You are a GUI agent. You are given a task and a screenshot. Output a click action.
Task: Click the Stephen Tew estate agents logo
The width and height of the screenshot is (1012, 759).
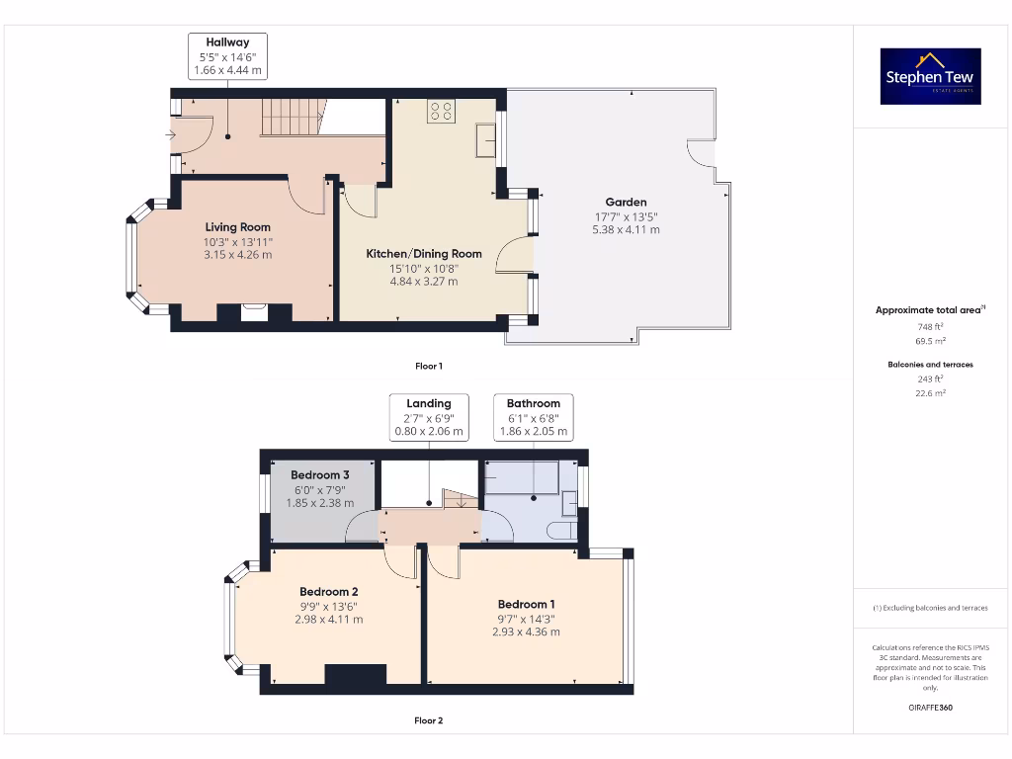(x=931, y=76)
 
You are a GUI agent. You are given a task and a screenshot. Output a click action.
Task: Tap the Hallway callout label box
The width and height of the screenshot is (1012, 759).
(x=227, y=56)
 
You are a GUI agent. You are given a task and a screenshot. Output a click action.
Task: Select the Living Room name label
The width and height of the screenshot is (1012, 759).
(x=237, y=227)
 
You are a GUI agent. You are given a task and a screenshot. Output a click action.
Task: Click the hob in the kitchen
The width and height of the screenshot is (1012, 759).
(x=441, y=112)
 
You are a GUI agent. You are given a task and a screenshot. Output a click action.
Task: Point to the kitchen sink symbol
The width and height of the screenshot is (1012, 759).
(x=486, y=140)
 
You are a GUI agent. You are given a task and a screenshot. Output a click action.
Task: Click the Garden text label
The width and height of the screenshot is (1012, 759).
(x=627, y=203)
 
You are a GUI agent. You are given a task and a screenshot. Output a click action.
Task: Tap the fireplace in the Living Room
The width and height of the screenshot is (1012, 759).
(x=254, y=312)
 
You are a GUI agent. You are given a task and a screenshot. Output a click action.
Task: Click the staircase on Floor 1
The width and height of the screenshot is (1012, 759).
(x=293, y=116)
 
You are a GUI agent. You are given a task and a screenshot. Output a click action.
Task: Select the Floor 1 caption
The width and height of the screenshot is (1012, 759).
(x=428, y=366)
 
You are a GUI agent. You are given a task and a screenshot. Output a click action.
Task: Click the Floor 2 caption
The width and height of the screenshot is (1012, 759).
(x=428, y=720)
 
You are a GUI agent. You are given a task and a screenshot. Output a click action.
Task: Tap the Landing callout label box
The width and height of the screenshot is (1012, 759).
(x=428, y=417)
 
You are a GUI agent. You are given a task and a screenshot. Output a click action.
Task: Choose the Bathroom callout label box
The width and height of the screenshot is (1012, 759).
(x=533, y=417)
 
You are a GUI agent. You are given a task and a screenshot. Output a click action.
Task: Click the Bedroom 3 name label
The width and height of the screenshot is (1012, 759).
(x=319, y=475)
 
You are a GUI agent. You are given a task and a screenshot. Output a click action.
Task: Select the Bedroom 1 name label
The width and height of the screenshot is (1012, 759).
(x=526, y=604)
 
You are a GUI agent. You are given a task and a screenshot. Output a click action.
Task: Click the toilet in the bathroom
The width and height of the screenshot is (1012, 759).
(x=562, y=531)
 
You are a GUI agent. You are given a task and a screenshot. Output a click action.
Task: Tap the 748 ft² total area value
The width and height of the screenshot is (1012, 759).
(x=930, y=326)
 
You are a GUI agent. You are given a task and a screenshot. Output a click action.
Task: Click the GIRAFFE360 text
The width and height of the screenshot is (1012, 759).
(x=930, y=708)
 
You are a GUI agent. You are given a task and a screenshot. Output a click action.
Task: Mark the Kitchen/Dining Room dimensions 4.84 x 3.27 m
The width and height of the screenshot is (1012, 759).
(x=424, y=282)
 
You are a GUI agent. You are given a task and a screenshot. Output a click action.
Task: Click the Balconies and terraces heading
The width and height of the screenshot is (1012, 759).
(x=930, y=365)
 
